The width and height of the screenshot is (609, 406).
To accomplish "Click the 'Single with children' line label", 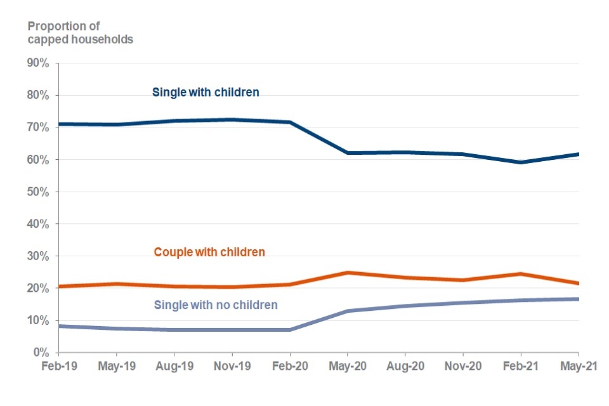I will point(206,92).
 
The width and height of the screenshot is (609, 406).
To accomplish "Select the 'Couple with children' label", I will point(209,252).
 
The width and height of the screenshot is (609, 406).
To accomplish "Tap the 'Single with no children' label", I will point(216,304).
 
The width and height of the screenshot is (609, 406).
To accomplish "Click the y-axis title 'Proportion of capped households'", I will point(80,32).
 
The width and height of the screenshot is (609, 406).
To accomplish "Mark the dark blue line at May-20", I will point(348,153).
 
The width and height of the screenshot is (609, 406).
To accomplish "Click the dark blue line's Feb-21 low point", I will point(521,162).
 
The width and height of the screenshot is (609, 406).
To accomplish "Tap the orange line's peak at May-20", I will point(348,273).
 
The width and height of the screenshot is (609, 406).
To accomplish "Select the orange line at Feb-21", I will point(521,274).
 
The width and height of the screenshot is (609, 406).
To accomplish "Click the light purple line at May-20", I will point(348,311).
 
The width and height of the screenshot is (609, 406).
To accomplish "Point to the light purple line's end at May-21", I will point(578,299).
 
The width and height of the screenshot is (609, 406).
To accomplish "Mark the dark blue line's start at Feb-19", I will point(59,124).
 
